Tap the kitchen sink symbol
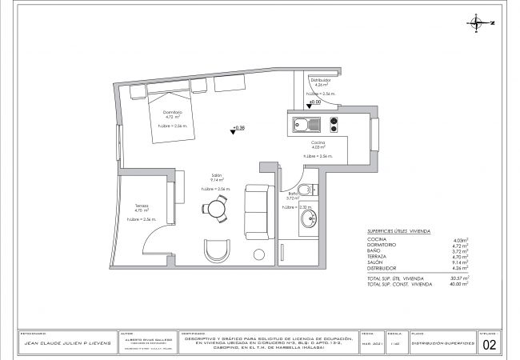[x=304, y=125]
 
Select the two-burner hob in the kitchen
[x=333, y=125]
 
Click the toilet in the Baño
[x=313, y=190]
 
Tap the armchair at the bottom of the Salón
[x=216, y=250]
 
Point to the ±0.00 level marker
[x=314, y=102]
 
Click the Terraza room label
[x=142, y=206]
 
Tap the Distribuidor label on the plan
[x=321, y=79]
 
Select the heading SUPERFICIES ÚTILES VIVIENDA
[x=398, y=231]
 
